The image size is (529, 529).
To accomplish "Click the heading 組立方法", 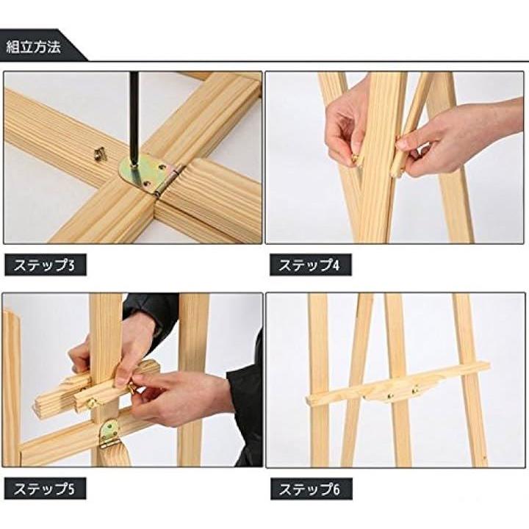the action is coord(33,46).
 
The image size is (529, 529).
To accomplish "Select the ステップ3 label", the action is coord(44,265).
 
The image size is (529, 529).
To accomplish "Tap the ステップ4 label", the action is coord(309,265).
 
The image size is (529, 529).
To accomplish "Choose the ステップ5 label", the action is coord(44,489).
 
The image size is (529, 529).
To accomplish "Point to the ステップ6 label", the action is coord(309,489).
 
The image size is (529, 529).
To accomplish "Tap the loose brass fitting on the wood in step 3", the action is coord(100,154).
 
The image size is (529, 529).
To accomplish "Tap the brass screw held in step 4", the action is coord(355,158).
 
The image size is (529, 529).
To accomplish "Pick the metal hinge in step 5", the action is coord(110,433).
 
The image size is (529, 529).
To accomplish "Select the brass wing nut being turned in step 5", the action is coord(132,389).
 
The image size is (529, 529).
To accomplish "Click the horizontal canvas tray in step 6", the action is coord(397,384).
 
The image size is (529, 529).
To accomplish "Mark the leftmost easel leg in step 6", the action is coord(318,380).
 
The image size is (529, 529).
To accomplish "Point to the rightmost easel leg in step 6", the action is coord(469,380).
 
